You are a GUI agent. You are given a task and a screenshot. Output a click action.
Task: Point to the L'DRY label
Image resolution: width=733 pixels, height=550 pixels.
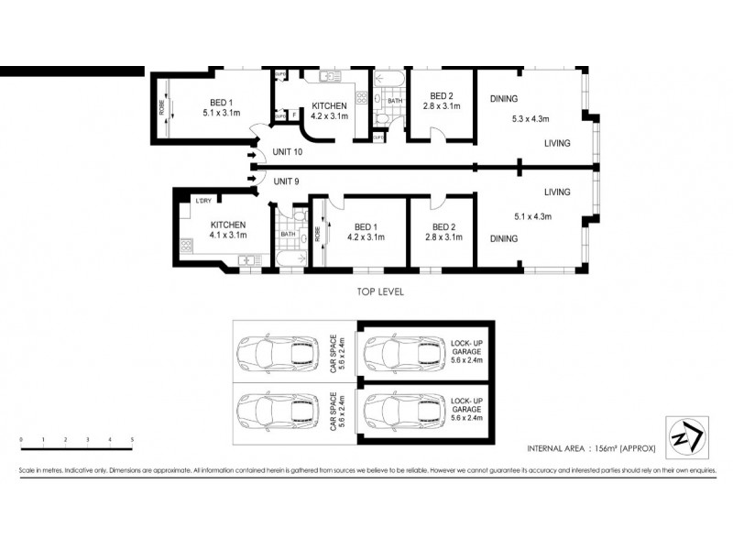[202, 201]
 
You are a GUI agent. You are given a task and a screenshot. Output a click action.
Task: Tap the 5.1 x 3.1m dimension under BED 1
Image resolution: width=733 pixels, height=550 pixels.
[221, 113]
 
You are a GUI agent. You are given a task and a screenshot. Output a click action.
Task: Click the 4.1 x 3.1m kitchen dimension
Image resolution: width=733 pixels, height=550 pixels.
[229, 236]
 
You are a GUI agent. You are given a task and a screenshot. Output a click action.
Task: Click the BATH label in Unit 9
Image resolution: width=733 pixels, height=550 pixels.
[288, 235]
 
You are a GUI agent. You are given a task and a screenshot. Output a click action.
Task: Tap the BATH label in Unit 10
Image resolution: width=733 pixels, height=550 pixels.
[393, 100]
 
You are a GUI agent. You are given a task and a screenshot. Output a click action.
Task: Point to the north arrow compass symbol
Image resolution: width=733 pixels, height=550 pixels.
[683, 435]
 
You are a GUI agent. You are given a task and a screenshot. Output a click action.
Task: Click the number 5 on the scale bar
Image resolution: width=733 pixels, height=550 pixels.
[133, 441]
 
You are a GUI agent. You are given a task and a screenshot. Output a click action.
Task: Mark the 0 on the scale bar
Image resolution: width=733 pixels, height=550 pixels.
[20, 441]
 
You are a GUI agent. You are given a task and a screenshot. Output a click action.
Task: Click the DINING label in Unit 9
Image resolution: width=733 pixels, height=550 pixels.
[503, 238]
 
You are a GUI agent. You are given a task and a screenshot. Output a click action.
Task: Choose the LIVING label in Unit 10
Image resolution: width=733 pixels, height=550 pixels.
[557, 143]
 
